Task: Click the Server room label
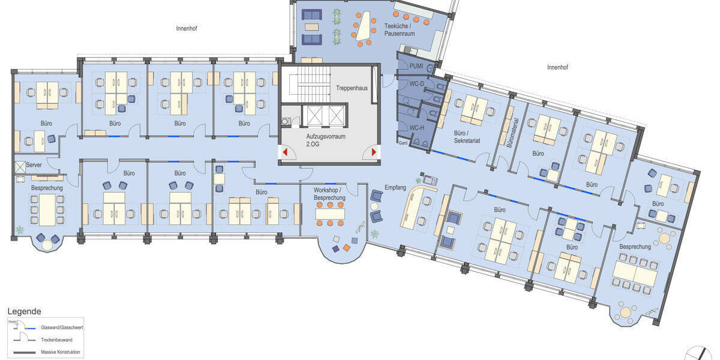34,164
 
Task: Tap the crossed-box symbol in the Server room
20,165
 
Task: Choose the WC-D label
416,83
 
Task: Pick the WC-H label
416,127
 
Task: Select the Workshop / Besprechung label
329,194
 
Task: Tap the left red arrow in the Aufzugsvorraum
286,152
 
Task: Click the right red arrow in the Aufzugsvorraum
374,152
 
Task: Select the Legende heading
24,311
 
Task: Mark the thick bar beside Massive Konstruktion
23,352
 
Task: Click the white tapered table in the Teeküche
362,29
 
